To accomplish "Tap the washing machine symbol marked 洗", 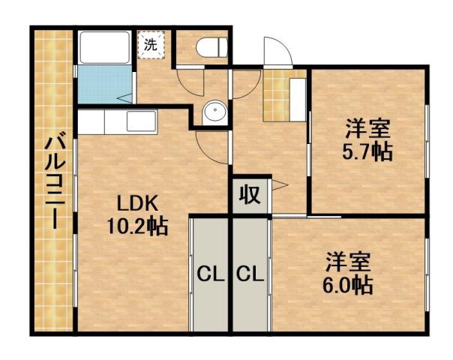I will [151, 43].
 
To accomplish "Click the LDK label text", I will [136, 203].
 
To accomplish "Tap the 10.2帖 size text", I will [136, 224].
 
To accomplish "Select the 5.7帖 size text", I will [367, 150].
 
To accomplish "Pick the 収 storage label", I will [250, 194].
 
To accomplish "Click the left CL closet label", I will [211, 275].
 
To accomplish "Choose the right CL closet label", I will [250, 275].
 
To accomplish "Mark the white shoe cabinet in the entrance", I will [298, 97].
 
